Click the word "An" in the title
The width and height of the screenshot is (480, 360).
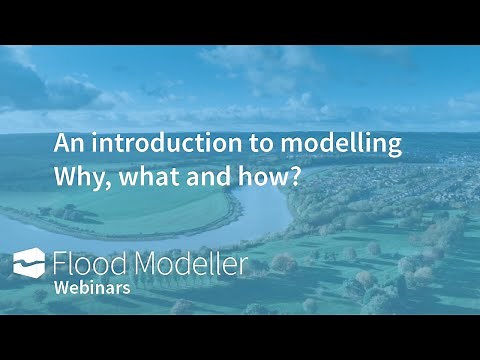coord(65,144)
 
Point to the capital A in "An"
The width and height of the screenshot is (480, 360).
coord(59,144)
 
